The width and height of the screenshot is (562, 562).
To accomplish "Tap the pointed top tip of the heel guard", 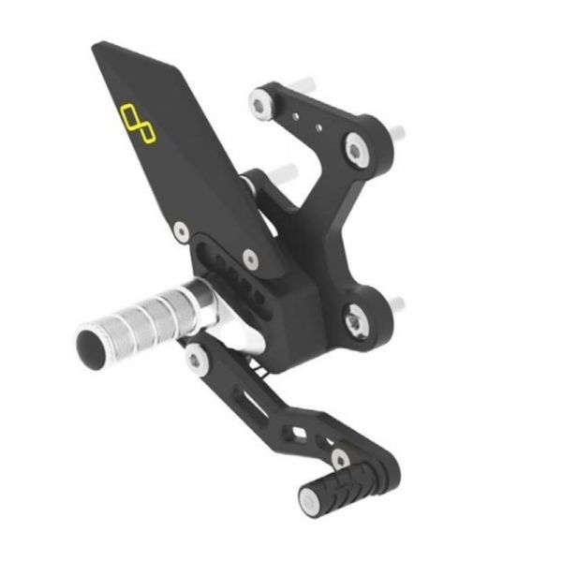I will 98,47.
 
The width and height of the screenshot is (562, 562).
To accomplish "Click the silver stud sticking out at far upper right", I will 397,132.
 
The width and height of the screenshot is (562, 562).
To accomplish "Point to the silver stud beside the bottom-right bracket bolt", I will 397,303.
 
